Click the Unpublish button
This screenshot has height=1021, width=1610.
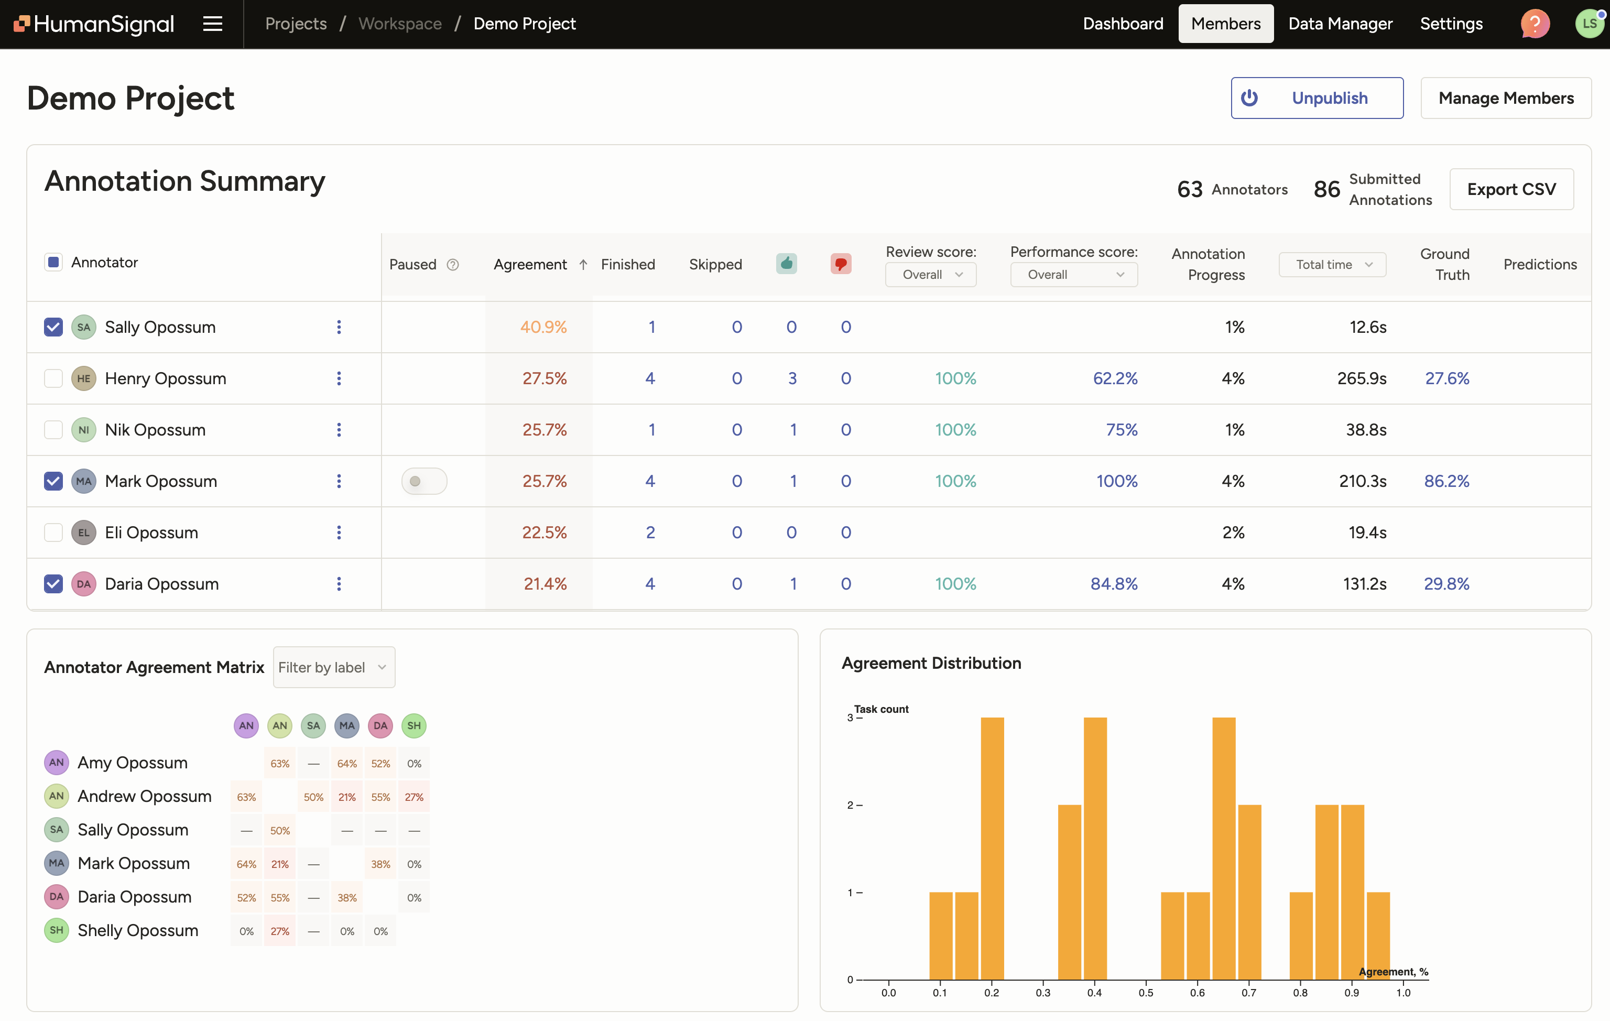[x=1316, y=99]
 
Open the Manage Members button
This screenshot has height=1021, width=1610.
[x=1505, y=99]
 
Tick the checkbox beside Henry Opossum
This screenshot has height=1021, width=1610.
[x=53, y=378]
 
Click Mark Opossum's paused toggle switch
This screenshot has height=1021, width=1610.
[x=424, y=482]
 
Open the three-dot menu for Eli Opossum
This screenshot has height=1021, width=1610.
[x=339, y=533]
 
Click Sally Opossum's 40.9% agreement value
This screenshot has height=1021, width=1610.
[x=543, y=327]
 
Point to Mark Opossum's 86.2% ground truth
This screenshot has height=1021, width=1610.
[x=1445, y=482]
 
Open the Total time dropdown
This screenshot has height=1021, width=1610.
[x=1331, y=265]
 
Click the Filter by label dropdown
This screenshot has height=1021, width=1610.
[x=333, y=667]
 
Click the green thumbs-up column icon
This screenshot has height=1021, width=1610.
[x=786, y=264]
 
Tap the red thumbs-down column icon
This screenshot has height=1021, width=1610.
[x=841, y=264]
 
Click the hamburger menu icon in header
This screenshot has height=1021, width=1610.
[x=213, y=24]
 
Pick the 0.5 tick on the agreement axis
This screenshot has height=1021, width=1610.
[x=1145, y=992]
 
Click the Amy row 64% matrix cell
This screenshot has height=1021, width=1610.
[x=346, y=764]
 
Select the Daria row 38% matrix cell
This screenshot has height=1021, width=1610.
[x=346, y=898]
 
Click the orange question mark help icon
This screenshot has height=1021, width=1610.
[x=1535, y=24]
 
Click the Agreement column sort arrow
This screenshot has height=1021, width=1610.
[x=583, y=265]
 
